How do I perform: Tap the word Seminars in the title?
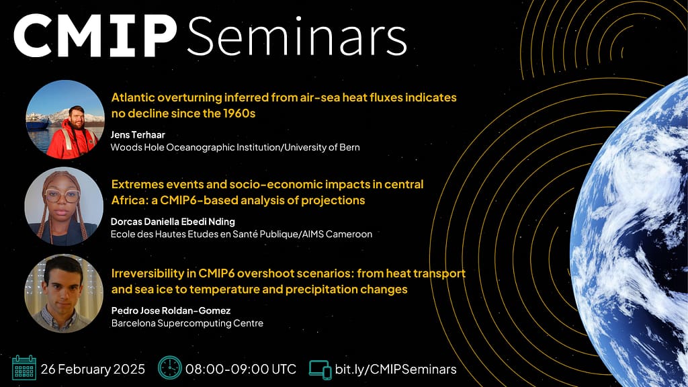[297, 36]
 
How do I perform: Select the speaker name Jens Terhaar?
[138, 134]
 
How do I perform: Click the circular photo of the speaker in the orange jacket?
[65, 120]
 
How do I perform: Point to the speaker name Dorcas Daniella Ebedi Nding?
[173, 222]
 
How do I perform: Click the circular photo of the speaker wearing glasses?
[64, 206]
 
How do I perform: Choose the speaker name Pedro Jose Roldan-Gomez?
[171, 310]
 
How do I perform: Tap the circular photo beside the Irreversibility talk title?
[64, 294]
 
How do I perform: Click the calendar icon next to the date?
[24, 368]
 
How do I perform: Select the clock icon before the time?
[170, 368]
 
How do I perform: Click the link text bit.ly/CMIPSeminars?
[396, 369]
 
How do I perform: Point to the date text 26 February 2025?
[93, 369]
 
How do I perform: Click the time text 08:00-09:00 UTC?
[241, 369]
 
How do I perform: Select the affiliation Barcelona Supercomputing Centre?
[187, 323]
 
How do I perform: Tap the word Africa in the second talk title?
[129, 200]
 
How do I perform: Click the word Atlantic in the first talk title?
[133, 97]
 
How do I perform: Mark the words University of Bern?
[322, 147]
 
